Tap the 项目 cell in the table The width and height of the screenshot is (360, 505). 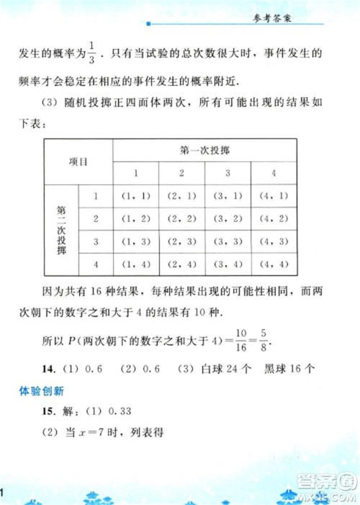click(x=78, y=161)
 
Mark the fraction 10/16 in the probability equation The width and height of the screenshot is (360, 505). click(x=241, y=336)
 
